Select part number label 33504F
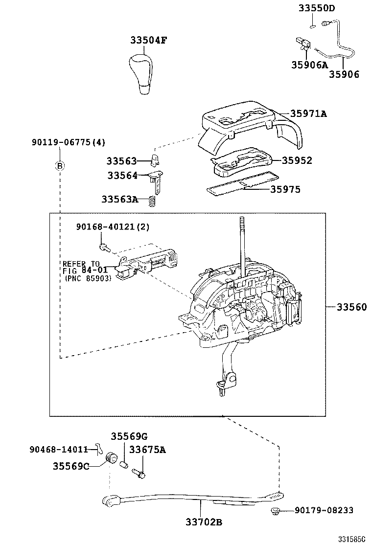[149, 40]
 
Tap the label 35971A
[308, 113]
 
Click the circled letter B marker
[59, 165]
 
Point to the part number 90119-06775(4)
[68, 142]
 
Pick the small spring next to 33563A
[152, 200]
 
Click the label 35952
[298, 160]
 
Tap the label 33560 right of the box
[351, 307]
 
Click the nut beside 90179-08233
[275, 512]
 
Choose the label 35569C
[70, 466]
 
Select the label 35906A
[309, 64]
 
